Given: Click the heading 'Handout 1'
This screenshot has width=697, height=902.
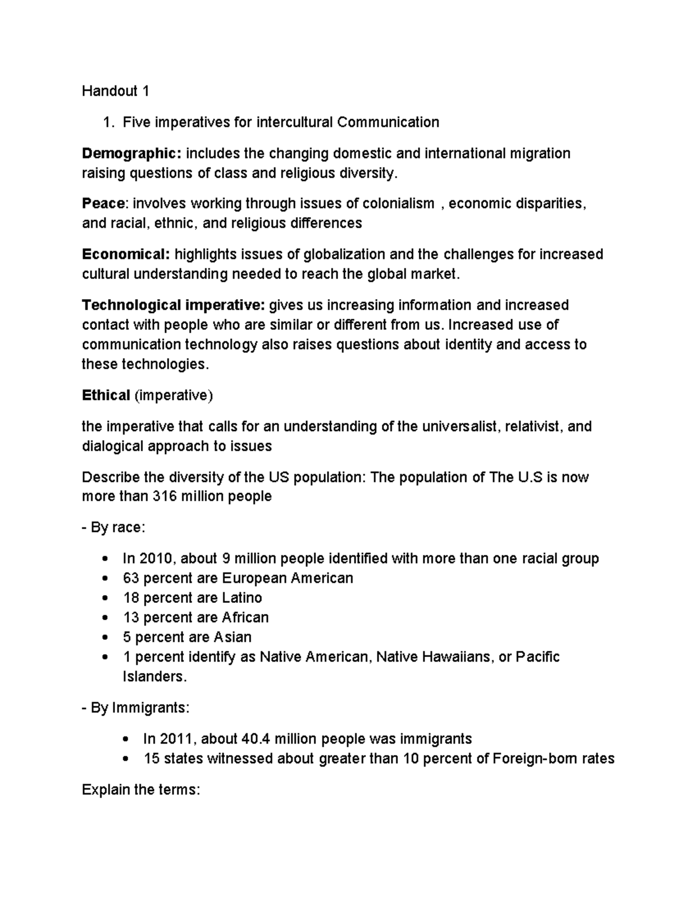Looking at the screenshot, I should [x=116, y=91].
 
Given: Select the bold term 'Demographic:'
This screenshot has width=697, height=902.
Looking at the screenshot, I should [x=132, y=153].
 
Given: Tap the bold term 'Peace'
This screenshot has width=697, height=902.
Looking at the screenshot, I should [x=103, y=203].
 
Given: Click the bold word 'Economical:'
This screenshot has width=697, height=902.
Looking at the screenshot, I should [x=126, y=254].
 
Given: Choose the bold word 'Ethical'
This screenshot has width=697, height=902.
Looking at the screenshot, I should [x=106, y=396].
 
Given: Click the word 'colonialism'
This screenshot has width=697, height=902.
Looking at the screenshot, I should [x=398, y=203].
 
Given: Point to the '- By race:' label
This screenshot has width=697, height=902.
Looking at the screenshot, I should [x=113, y=528].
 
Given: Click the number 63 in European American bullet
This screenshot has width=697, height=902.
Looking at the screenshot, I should [x=131, y=578].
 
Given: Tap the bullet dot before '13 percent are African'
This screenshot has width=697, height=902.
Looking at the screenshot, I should [x=104, y=618].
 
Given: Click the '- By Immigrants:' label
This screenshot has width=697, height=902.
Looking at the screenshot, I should [x=135, y=709].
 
